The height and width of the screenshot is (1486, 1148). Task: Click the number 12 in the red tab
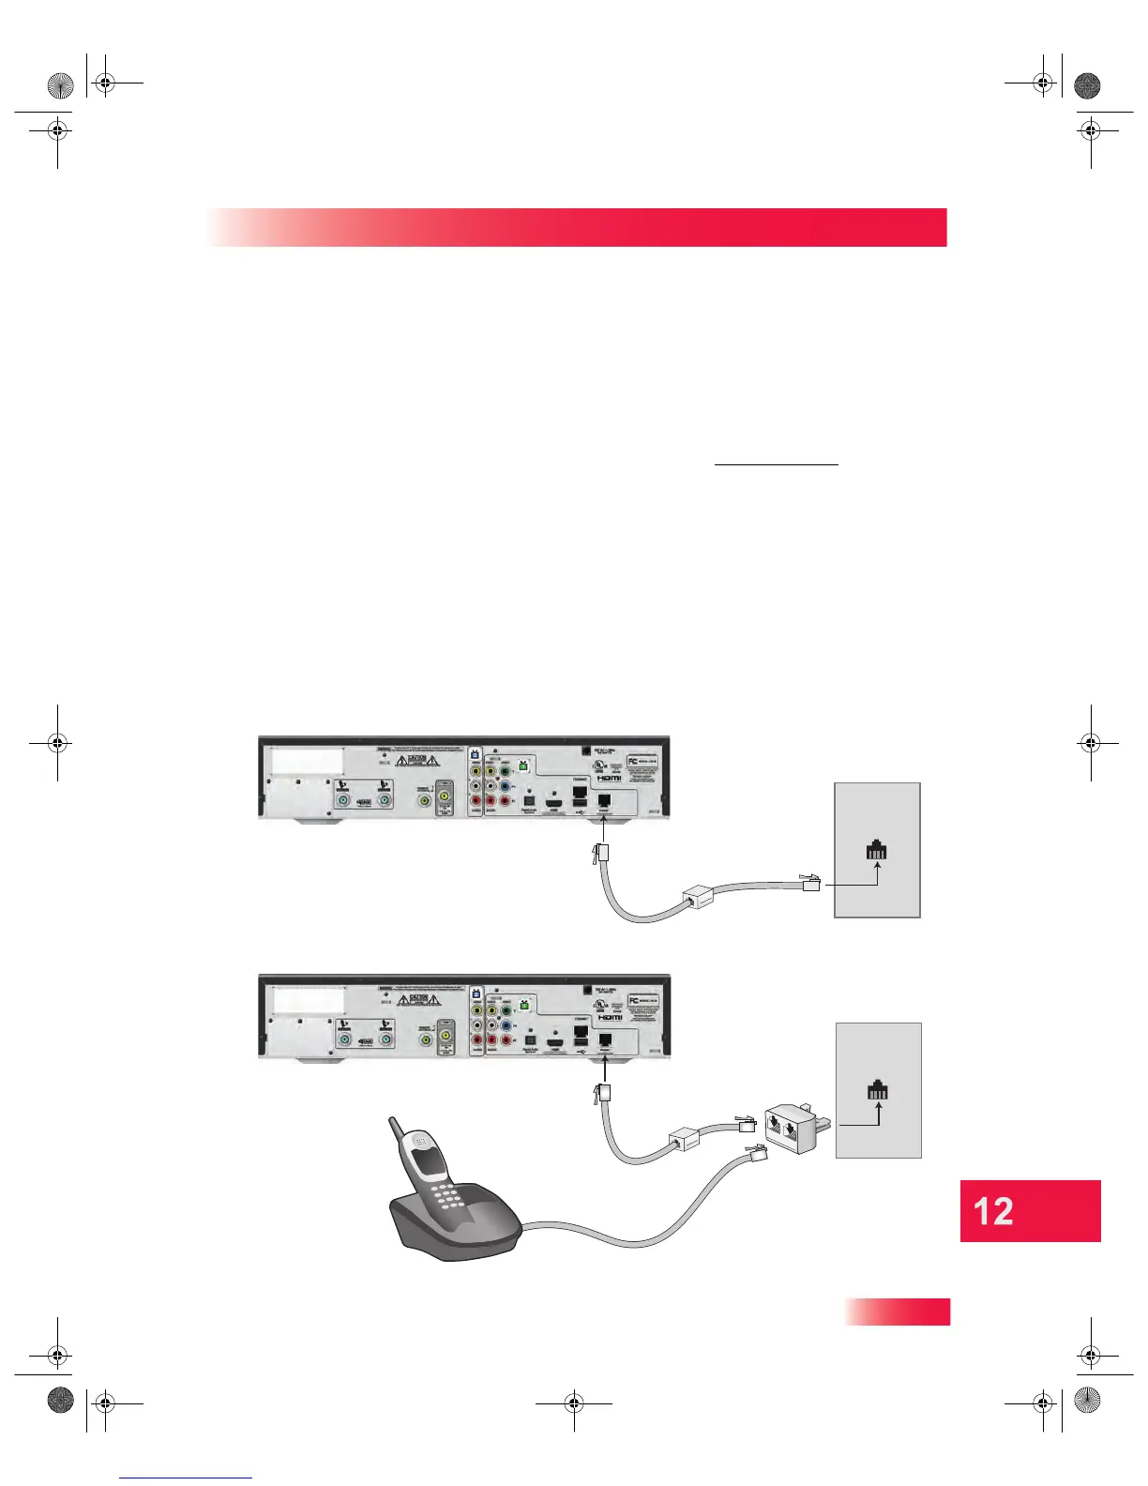pos(993,1211)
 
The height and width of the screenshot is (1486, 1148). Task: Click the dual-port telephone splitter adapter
pos(793,1130)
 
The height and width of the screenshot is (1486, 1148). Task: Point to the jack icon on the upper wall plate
pos(877,851)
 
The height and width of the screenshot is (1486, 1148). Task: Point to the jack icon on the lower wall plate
pos(878,1090)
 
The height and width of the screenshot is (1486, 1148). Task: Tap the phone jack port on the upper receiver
pos(604,800)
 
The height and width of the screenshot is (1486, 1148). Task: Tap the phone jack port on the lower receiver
pos(604,1039)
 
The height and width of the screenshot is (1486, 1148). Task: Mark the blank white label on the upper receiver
pos(307,761)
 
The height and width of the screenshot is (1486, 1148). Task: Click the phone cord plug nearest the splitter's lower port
pos(755,1157)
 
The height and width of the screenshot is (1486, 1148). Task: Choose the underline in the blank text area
pos(777,464)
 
